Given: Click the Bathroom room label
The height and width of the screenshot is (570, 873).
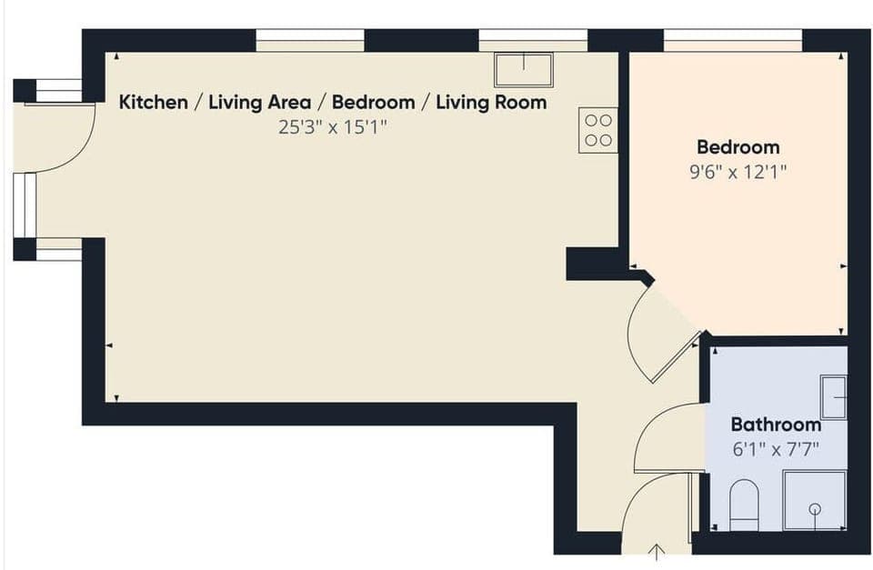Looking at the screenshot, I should [776, 424].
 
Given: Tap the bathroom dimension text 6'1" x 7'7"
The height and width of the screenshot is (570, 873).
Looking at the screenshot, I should [776, 447].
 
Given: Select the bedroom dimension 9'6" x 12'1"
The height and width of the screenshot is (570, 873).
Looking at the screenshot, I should [738, 170].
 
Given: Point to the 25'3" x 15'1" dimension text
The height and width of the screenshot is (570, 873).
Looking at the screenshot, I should [333, 126].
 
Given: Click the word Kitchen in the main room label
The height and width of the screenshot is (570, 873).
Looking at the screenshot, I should [153, 102].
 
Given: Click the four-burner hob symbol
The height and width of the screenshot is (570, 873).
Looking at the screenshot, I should [597, 129].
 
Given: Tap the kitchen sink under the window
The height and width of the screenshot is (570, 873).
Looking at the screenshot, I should [524, 69].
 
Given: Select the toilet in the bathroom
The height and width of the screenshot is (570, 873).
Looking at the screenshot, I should [744, 505].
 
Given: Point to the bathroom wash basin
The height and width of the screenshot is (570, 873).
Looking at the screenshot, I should [834, 396].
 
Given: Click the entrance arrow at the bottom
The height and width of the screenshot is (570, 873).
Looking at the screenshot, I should [657, 552].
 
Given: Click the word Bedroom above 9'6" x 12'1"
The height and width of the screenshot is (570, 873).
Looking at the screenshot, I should [738, 147].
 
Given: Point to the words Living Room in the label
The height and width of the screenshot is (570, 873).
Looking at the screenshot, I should [491, 102].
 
